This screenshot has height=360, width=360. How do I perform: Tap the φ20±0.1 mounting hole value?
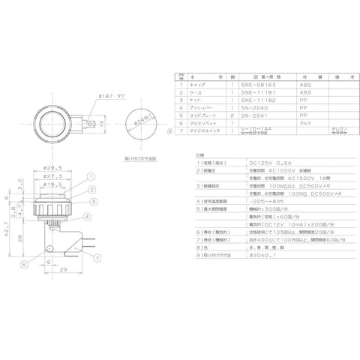239,258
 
